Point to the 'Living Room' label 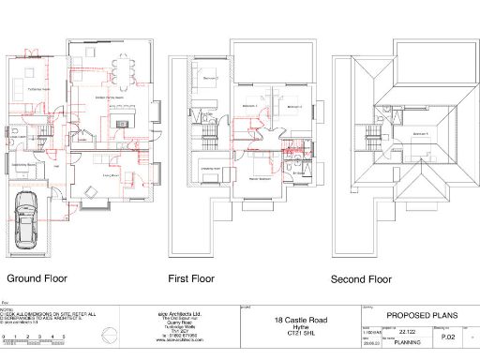click(x=109, y=174)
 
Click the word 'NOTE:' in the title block click(x=7, y=308)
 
